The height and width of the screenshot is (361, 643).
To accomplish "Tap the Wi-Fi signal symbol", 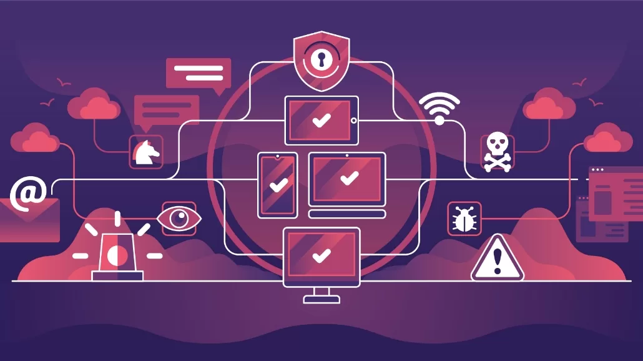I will point(439,107).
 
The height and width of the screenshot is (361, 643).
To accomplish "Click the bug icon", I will point(464,219).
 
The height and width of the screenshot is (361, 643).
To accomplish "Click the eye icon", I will point(179,218).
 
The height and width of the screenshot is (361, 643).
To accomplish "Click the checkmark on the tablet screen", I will point(321,120).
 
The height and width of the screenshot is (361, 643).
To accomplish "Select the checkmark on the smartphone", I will point(278,185).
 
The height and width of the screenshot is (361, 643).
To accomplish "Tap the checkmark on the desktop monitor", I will point(321,255).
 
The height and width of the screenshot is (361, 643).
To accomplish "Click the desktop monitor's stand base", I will point(321,299).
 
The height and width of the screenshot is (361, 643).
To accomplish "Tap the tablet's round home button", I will point(354,120).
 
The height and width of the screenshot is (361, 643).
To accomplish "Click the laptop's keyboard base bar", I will point(347,214).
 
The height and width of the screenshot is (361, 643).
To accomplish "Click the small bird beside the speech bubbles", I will point(62,81).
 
